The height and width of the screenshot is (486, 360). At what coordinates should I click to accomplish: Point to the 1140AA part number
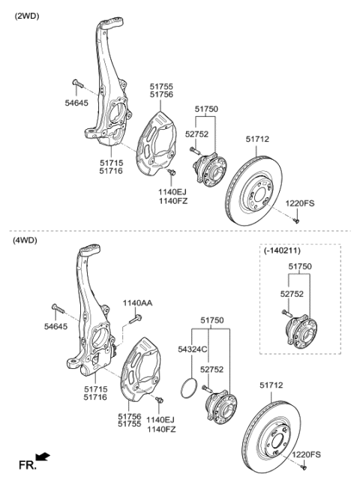pyautogui.click(x=137, y=303)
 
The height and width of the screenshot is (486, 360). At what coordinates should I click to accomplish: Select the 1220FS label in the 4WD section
pyautogui.click(x=306, y=454)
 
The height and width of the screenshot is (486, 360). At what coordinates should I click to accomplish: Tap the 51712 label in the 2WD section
pyautogui.click(x=259, y=139)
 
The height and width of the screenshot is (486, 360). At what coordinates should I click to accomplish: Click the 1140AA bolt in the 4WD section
pyautogui.click(x=136, y=318)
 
